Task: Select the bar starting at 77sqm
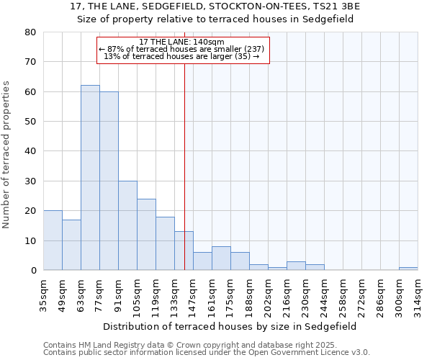(109, 181)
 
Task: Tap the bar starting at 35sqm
(53, 240)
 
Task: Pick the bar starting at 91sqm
(127, 225)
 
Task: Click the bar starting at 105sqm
(146, 235)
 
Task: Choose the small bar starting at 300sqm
(408, 269)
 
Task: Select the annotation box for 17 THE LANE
(183, 50)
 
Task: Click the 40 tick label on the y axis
(30, 151)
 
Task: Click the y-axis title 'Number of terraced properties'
(7, 154)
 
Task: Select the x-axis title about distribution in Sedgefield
(230, 326)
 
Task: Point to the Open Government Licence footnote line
(207, 353)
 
